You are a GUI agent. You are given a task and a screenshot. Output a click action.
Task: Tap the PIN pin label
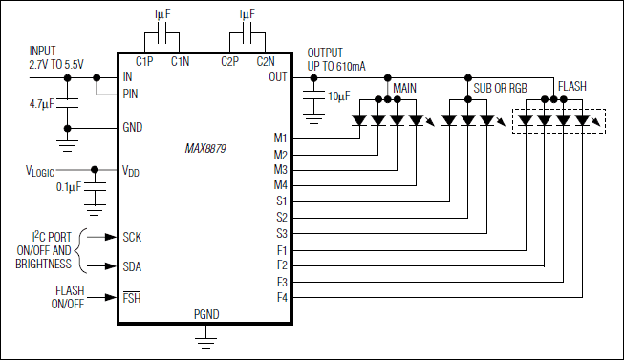[133, 94]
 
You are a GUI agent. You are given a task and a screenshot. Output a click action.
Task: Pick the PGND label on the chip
[205, 313]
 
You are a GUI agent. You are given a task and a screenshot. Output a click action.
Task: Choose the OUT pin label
[278, 76]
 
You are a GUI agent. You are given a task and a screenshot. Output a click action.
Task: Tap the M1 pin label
[280, 138]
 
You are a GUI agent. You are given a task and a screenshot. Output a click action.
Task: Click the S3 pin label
[281, 233]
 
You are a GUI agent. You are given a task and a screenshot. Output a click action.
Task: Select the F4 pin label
[281, 298]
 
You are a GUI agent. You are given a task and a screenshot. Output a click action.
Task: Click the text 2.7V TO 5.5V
[56, 64]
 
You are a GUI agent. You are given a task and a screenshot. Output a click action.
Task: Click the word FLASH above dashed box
[573, 86]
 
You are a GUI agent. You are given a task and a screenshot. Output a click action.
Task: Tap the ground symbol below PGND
[204, 337]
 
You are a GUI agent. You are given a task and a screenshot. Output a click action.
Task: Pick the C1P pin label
[145, 61]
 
